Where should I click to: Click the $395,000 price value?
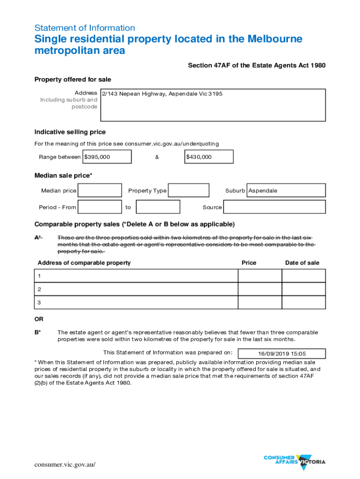click(97, 157)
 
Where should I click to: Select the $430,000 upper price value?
click(199, 157)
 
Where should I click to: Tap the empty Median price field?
click(100, 190)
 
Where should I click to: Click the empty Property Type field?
click(188, 190)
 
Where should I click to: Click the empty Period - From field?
click(100, 207)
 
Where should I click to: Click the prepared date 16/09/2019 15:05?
click(285, 354)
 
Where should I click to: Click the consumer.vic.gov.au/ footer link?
click(65, 464)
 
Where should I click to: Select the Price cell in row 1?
click(260, 276)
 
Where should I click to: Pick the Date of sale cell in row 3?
click(303, 303)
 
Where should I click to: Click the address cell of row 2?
click(137, 289)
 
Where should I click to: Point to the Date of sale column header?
click(302, 263)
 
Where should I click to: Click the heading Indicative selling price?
click(70, 132)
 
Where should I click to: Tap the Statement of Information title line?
click(85, 28)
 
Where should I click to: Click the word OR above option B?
click(39, 319)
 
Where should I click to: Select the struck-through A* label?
click(38, 238)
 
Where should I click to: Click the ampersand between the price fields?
click(157, 157)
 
